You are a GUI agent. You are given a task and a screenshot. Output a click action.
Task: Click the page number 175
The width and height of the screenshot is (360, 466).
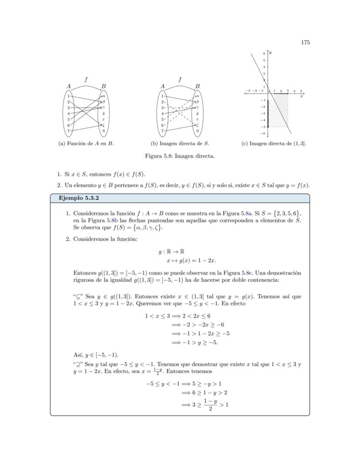click(305, 42)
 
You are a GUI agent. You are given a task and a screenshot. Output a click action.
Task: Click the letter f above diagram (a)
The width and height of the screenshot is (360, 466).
click(86, 80)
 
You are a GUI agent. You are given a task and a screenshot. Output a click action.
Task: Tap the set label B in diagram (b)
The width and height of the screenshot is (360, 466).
click(197, 87)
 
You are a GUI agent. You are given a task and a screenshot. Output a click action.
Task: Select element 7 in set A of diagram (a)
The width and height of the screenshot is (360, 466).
click(69, 131)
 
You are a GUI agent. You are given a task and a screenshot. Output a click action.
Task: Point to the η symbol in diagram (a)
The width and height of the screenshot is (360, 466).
click(103, 131)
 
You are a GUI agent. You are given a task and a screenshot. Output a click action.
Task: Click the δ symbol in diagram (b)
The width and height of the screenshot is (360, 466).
click(197, 113)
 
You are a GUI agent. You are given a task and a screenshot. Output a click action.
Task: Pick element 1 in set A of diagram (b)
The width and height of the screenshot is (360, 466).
click(163, 96)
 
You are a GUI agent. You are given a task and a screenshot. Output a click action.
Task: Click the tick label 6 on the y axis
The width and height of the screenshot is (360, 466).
click(263, 53)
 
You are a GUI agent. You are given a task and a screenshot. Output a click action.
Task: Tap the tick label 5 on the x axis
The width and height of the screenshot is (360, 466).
click(301, 91)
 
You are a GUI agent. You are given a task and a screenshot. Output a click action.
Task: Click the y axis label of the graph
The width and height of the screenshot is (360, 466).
click(270, 53)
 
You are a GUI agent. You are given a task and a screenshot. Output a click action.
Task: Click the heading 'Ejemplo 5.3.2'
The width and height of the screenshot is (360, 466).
click(77, 198)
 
